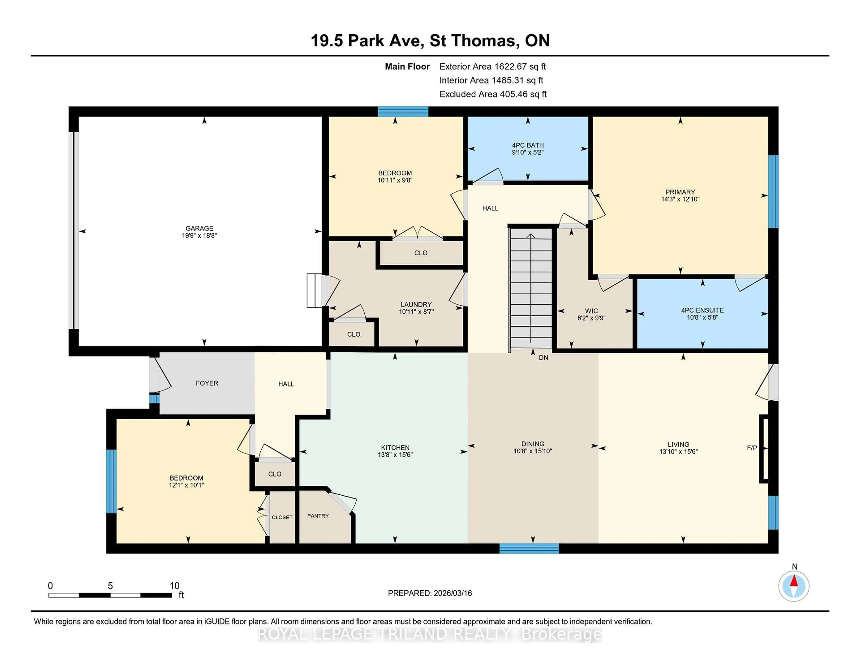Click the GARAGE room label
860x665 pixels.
(199, 228)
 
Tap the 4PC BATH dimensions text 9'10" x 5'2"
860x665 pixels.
(528, 152)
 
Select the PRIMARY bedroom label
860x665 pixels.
(680, 192)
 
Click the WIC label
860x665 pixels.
(591, 311)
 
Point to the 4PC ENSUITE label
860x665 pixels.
(702, 310)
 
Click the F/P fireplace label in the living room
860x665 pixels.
(752, 448)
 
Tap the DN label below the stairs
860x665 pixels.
(543, 358)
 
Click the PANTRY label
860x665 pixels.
(318, 516)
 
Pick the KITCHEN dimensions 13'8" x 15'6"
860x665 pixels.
(395, 455)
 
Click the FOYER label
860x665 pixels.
(207, 383)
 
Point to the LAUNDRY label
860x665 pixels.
(416, 304)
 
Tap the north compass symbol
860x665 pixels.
(794, 586)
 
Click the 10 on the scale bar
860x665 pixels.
(174, 586)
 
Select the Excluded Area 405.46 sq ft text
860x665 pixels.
(493, 94)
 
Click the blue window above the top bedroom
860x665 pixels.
(403, 112)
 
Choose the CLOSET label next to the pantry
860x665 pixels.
(282, 517)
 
